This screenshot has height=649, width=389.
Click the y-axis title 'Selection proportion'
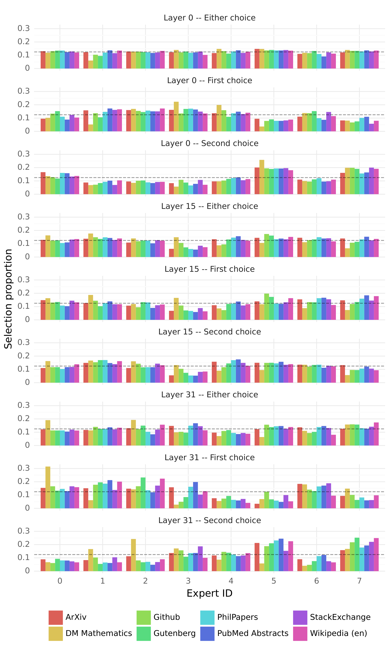point(8,299)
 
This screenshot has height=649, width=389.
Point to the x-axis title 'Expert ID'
point(209,593)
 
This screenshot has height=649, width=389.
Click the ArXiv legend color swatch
point(56,617)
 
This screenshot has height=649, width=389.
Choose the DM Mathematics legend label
point(99,633)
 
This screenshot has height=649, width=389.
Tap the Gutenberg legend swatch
point(144,633)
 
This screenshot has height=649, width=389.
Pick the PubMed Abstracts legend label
point(253,633)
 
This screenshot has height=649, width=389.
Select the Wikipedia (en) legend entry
point(338,633)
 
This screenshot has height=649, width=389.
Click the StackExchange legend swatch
point(300,617)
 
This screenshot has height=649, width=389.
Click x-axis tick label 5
point(274,581)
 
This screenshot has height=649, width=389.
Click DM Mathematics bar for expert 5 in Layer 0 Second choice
point(262,177)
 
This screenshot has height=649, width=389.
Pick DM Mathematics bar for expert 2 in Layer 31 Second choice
point(133,555)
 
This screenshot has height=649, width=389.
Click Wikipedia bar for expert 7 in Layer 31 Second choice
point(376,555)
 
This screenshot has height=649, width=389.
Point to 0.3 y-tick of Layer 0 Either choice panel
point(24,28)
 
